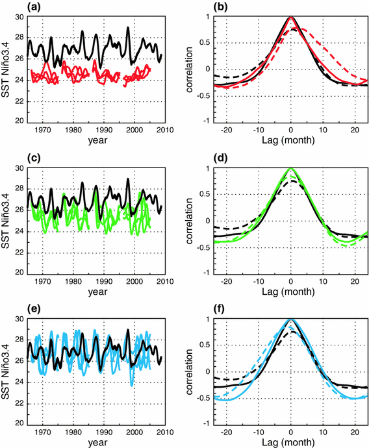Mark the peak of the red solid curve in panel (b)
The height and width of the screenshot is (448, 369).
[x=290, y=18]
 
